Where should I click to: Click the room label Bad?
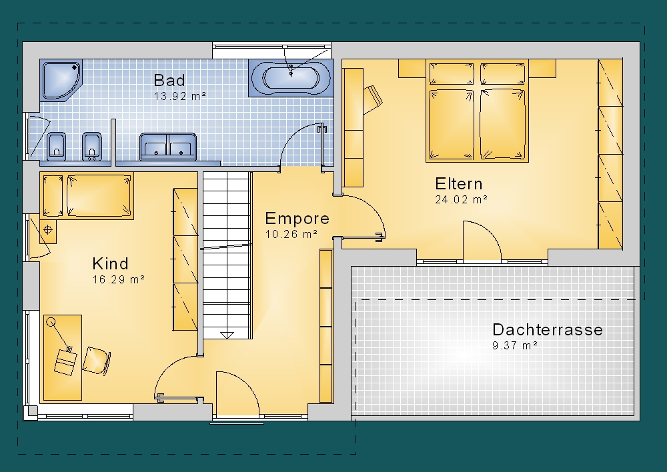tap(169, 81)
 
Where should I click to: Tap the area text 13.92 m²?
tap(180, 96)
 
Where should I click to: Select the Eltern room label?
tap(459, 184)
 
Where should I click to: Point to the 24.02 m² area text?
tap(461, 199)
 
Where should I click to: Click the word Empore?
tap(297, 219)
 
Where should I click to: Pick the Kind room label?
tap(110, 263)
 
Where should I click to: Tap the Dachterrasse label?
tap(548, 330)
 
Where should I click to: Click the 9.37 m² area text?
tap(515, 345)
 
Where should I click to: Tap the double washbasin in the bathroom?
tap(168, 146)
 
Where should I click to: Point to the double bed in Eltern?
tap(477, 111)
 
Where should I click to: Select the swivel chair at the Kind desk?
tap(97, 361)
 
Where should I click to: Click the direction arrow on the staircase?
tap(227, 335)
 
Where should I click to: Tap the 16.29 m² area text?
tap(118, 279)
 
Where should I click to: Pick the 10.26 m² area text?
tap(291, 234)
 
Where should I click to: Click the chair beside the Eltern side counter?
tap(373, 99)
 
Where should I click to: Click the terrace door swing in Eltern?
tap(482, 240)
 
